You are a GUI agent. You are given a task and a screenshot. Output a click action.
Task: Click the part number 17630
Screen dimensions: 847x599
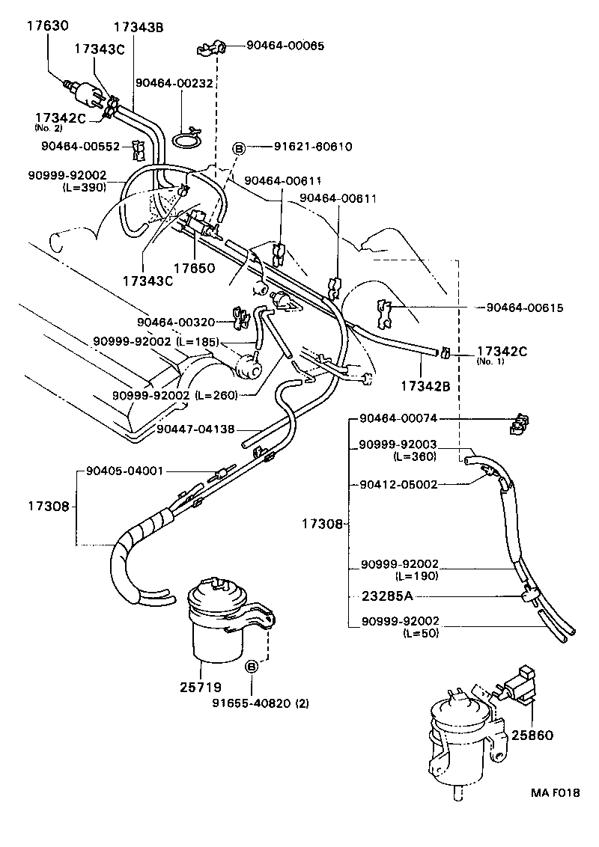click(x=47, y=25)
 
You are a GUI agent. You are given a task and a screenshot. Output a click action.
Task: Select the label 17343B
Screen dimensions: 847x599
click(x=139, y=28)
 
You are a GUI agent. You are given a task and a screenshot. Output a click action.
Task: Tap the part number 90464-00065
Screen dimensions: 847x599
click(x=285, y=46)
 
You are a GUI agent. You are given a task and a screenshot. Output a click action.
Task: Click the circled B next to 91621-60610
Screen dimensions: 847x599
click(x=240, y=147)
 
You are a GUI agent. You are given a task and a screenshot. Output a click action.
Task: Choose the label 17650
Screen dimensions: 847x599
click(x=195, y=267)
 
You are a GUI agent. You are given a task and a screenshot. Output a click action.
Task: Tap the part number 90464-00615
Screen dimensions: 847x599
click(x=524, y=307)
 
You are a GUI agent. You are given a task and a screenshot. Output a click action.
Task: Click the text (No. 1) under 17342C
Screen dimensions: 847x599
click(x=491, y=361)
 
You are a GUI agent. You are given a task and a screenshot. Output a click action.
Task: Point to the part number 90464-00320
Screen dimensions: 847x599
click(x=176, y=322)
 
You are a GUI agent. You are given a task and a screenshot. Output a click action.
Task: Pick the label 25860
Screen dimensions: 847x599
click(x=532, y=736)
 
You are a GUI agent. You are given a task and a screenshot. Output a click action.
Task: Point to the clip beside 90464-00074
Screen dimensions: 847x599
click(x=516, y=424)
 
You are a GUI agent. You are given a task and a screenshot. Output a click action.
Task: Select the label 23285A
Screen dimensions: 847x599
click(x=387, y=596)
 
